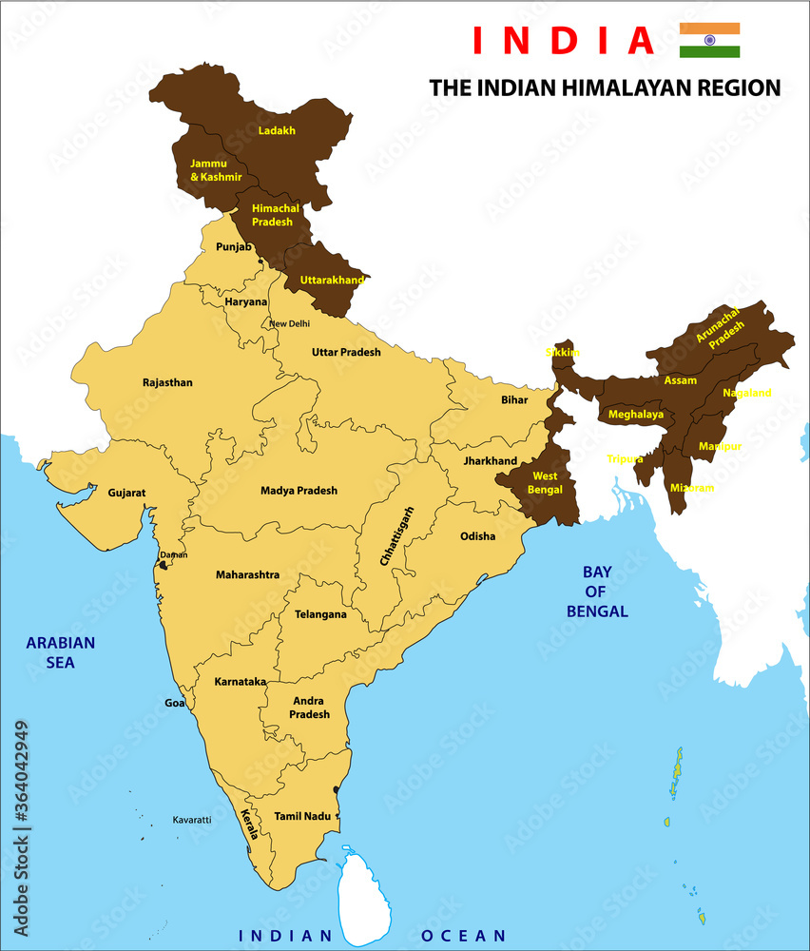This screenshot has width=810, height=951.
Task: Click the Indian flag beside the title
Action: tap(709, 40)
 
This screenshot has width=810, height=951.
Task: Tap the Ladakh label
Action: tap(277, 130)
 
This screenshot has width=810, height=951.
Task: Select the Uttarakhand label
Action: tap(333, 280)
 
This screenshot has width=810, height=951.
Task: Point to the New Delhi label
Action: tap(289, 323)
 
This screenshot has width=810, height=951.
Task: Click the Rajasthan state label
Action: tap(167, 382)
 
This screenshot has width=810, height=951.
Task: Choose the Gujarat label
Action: tap(126, 493)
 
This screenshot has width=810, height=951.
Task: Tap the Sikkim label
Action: tap(562, 352)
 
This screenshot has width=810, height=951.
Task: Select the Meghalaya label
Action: tap(636, 415)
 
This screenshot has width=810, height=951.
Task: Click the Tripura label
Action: tap(625, 458)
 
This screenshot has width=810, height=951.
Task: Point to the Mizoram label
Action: tap(691, 487)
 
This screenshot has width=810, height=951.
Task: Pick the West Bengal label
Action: tap(545, 482)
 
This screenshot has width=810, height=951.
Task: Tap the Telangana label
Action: tap(320, 614)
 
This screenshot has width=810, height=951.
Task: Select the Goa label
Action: tap(174, 703)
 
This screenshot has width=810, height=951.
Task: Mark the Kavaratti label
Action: tap(191, 819)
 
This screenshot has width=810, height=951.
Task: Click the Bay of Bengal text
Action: tap(596, 592)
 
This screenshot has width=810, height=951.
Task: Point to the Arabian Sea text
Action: tap(61, 652)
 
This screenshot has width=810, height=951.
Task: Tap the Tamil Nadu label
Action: tap(302, 816)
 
